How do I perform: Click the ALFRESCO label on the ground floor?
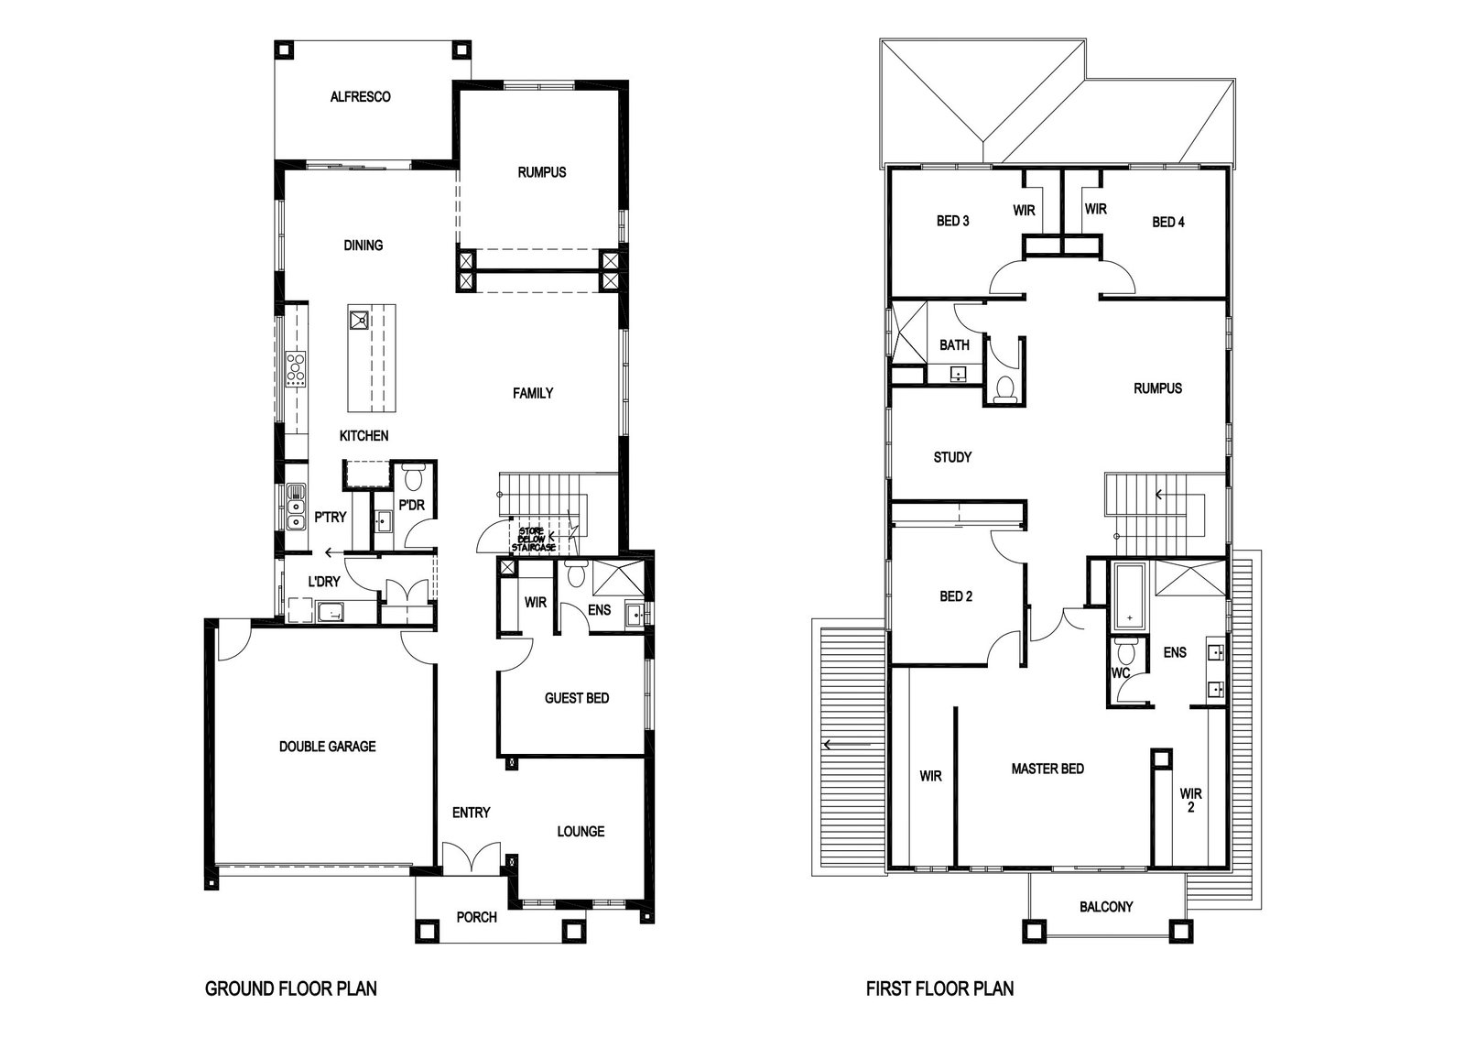(x=360, y=96)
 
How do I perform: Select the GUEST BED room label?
(x=577, y=698)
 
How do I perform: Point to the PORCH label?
(x=476, y=917)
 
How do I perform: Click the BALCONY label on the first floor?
(x=1106, y=907)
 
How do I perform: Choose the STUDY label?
(x=952, y=457)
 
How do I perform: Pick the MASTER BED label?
(x=1047, y=769)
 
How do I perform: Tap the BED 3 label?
(x=952, y=221)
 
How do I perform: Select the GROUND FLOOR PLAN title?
(x=290, y=988)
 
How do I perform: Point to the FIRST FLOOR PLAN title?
(x=939, y=988)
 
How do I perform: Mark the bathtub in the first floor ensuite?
(x=1131, y=595)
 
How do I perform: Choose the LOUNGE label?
(x=581, y=832)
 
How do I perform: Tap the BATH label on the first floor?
(x=954, y=345)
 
